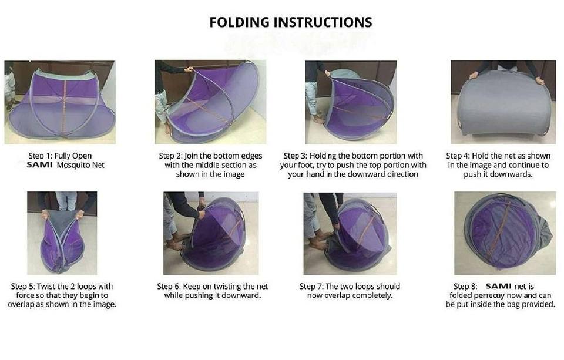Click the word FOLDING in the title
(x=240, y=22)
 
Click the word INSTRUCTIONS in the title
(x=323, y=22)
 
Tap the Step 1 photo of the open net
(x=60, y=102)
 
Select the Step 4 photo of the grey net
(x=503, y=102)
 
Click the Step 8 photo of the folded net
(x=505, y=233)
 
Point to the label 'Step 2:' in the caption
(x=171, y=156)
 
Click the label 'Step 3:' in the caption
(x=296, y=156)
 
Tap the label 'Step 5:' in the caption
(x=23, y=287)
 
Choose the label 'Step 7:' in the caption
(x=311, y=287)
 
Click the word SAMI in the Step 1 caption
(x=39, y=165)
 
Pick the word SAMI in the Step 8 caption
(x=499, y=286)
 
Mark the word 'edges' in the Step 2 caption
(x=252, y=156)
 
